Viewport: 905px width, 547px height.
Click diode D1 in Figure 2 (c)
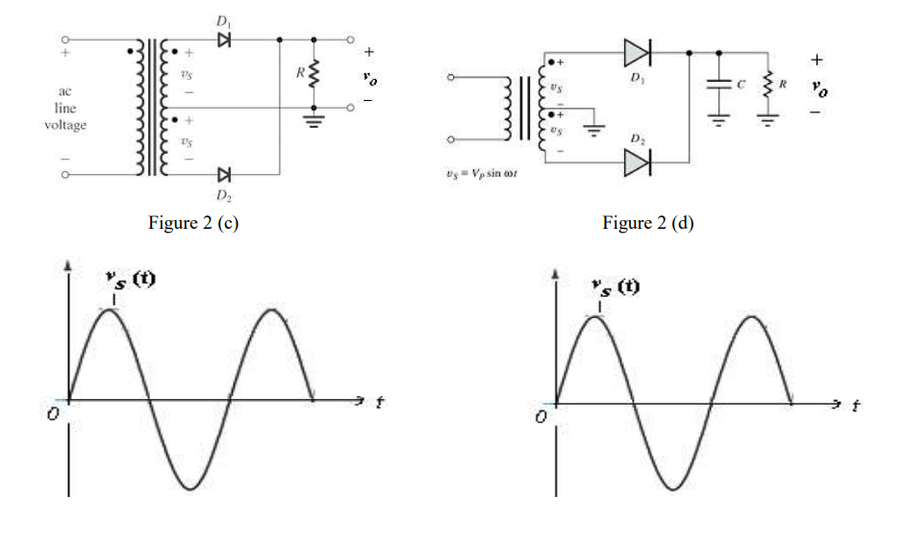(x=224, y=40)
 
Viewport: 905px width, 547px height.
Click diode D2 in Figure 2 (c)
(x=224, y=174)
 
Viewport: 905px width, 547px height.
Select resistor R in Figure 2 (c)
(x=313, y=73)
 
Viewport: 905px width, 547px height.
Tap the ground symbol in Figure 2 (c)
(x=313, y=120)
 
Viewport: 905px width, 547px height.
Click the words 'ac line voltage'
(x=63, y=109)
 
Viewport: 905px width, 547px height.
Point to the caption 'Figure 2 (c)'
(x=192, y=223)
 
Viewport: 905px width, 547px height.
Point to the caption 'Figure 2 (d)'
(x=647, y=223)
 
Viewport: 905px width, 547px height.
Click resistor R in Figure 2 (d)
(x=767, y=85)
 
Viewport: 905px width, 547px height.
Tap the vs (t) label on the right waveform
(x=616, y=286)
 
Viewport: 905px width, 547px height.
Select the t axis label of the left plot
(x=380, y=404)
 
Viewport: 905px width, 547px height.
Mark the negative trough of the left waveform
(x=189, y=486)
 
